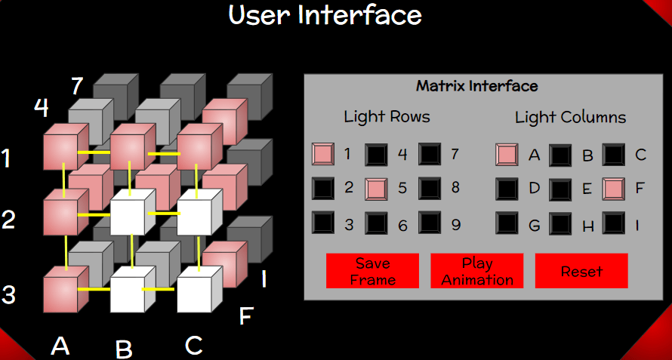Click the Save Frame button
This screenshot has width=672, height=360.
(x=372, y=271)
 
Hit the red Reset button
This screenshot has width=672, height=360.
(x=581, y=271)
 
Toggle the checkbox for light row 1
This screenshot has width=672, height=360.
(x=322, y=154)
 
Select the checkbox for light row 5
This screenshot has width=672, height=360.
(x=376, y=189)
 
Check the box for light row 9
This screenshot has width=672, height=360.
(x=430, y=223)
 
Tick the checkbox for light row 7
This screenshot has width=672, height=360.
(x=430, y=154)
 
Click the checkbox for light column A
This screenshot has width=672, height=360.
(x=507, y=154)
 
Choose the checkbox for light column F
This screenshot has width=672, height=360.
(x=613, y=189)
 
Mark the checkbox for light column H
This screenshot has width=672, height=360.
(x=560, y=223)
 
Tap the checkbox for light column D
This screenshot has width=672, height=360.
(x=507, y=189)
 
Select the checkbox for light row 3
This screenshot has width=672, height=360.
(x=322, y=223)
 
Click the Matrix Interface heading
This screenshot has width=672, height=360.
(x=477, y=86)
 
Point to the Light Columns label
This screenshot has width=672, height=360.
(x=570, y=118)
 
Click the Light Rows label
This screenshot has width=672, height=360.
(x=387, y=116)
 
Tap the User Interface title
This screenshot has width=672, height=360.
(x=325, y=14)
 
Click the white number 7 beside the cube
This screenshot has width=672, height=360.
(x=77, y=86)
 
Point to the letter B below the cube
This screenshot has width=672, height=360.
(x=124, y=349)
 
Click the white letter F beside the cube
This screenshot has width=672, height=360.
(x=246, y=316)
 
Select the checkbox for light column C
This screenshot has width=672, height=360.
(x=613, y=154)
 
